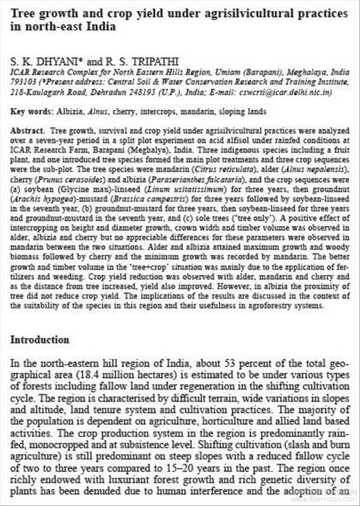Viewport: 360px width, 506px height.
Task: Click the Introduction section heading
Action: coord(40,340)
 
